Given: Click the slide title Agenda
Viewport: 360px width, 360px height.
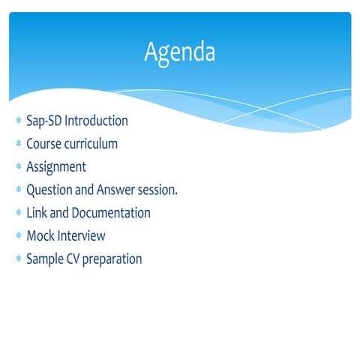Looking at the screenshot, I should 180,52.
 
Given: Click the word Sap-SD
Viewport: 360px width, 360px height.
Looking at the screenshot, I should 44,121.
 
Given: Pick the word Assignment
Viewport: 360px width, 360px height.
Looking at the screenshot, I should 56,167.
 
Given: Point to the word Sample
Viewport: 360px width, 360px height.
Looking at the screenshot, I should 45,259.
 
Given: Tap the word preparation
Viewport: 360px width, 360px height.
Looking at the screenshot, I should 114,260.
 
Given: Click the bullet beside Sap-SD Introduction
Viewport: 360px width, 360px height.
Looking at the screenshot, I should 18,121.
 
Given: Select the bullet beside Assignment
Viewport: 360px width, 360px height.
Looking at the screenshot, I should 18,168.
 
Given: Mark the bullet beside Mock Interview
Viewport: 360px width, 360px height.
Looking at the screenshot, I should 18,237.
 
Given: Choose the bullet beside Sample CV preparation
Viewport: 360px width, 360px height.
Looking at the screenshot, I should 18,260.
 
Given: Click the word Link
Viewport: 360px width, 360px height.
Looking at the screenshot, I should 37,213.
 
